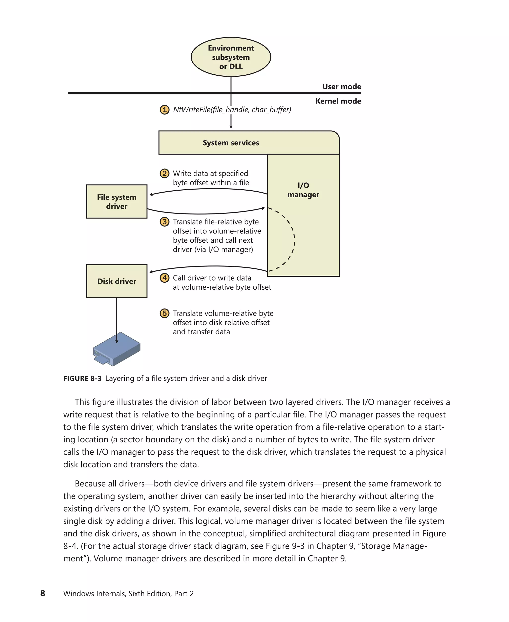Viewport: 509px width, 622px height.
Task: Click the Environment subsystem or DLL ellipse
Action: point(231,57)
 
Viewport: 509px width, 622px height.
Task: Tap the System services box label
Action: point(231,143)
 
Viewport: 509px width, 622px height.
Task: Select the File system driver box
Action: point(117,201)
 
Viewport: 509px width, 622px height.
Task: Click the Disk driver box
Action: point(117,281)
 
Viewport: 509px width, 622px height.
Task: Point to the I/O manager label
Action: point(303,190)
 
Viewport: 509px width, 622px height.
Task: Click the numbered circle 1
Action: point(165,110)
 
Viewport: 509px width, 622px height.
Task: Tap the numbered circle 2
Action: point(165,173)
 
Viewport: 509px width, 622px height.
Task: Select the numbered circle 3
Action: point(165,222)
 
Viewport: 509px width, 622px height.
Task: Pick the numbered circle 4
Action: point(165,278)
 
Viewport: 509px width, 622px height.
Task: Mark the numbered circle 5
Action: point(165,313)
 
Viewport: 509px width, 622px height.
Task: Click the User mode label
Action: point(341,87)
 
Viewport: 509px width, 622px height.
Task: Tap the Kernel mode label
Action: point(338,101)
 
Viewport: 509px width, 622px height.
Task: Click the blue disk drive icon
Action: point(117,349)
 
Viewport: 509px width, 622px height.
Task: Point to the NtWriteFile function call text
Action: point(232,110)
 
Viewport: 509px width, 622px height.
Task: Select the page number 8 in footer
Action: point(43,593)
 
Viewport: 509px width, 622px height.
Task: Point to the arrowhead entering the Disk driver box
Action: point(151,272)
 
